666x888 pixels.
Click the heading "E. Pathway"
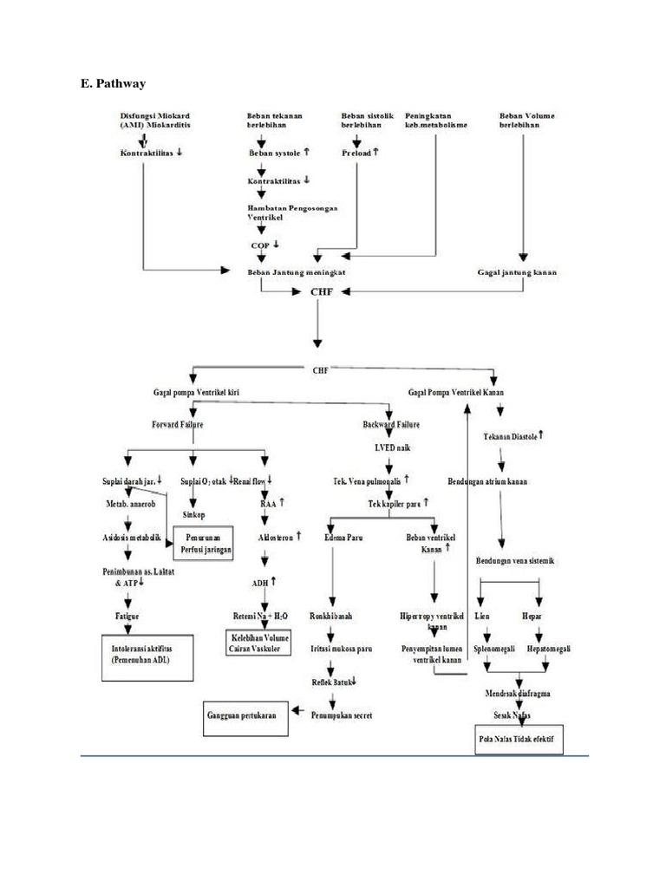[113, 84]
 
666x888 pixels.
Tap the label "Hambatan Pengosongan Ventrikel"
[292, 215]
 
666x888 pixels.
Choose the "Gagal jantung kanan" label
[517, 272]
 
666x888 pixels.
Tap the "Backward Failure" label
[390, 425]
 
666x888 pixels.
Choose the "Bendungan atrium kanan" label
[488, 481]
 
